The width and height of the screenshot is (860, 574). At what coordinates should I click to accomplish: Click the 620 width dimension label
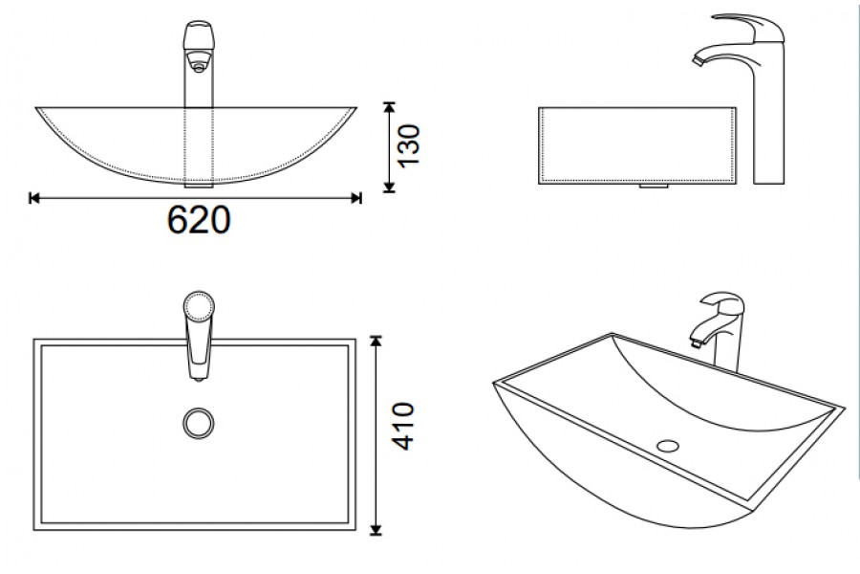199,220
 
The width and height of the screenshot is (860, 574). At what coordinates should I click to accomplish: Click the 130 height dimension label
409,146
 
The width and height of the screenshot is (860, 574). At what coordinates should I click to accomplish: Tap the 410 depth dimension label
403,427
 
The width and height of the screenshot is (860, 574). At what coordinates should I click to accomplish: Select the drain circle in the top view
199,423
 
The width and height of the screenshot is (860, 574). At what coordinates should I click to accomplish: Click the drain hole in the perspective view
668,446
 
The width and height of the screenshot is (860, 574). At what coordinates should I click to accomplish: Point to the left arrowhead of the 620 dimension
34,198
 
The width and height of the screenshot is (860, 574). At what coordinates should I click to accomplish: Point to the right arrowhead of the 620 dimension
356,198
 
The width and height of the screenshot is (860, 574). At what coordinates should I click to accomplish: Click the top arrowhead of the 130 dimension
389,107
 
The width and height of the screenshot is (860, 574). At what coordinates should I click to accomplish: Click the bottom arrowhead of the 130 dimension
389,188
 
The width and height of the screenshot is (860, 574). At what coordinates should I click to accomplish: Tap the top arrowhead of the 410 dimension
376,342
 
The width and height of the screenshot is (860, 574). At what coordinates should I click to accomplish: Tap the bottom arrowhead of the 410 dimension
376,529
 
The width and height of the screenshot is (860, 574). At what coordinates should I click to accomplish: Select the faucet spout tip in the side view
699,60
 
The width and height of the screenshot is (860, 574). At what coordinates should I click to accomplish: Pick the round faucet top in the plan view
199,306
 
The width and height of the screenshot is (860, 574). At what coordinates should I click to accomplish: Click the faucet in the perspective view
718,331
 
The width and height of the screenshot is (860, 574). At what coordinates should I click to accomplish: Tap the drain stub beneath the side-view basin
655,186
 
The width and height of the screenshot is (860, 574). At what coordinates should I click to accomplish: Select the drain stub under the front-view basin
199,186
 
